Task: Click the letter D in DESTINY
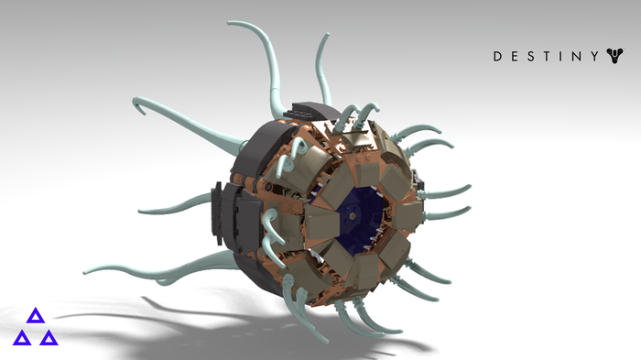[x=497, y=57]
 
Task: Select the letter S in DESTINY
[x=530, y=57]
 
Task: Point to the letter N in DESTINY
[x=576, y=57]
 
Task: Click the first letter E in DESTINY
[x=515, y=57]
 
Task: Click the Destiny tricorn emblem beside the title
[x=614, y=55]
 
